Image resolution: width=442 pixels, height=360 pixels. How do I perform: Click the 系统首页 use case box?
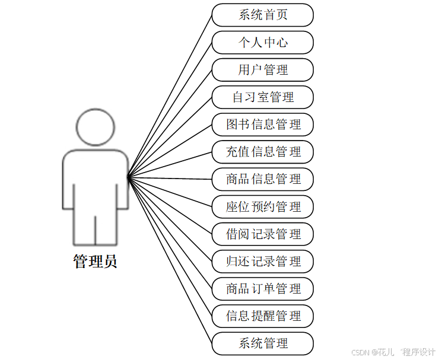click(262, 15)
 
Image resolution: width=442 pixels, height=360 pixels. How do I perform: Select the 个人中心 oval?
click(262, 43)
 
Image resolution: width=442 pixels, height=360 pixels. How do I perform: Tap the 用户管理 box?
click(262, 70)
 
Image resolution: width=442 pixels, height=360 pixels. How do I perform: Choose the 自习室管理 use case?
click(262, 97)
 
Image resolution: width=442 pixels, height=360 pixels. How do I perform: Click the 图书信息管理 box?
click(262, 125)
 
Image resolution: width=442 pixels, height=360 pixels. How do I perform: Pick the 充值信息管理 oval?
click(262, 152)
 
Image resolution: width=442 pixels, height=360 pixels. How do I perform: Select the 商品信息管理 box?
click(262, 179)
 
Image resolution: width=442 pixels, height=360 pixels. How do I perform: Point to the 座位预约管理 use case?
click(262, 206)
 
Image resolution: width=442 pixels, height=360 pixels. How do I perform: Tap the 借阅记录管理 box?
click(262, 234)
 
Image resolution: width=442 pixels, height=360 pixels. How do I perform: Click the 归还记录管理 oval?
click(262, 261)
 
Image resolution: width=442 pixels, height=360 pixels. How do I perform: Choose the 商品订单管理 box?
click(262, 289)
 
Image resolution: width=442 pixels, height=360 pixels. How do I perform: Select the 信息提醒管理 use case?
click(262, 316)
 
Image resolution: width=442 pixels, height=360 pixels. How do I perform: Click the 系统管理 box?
click(262, 343)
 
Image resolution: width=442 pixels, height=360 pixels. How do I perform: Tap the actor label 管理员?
click(95, 262)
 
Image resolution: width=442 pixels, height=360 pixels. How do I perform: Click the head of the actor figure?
click(95, 126)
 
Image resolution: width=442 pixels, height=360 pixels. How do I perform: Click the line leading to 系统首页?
click(170, 95)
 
